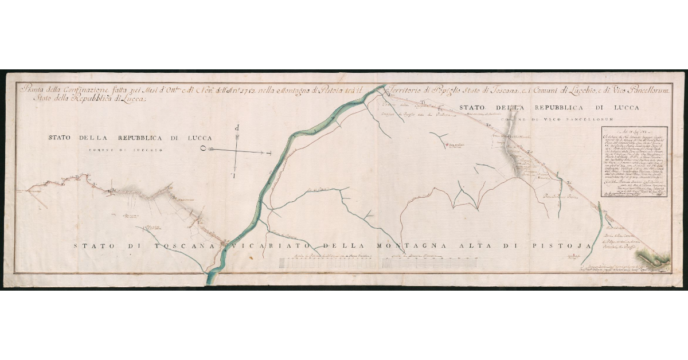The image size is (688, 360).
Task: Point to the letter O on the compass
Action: (203, 147)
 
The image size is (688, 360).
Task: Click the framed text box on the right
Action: (635, 162)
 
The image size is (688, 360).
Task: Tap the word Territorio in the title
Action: (409, 89)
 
